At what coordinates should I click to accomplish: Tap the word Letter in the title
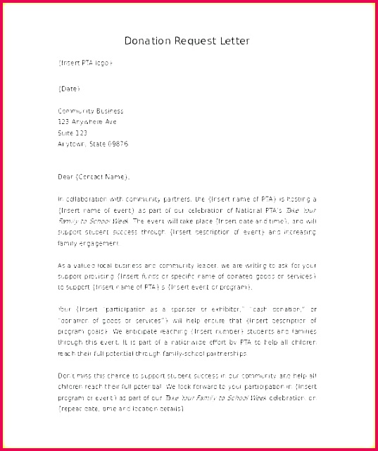(233, 41)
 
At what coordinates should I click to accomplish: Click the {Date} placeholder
(69, 89)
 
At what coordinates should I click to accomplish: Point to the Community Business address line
(90, 111)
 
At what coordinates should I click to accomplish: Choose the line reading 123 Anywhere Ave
(87, 121)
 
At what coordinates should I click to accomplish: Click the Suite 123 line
(73, 132)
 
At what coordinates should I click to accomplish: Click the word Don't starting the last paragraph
(66, 376)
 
